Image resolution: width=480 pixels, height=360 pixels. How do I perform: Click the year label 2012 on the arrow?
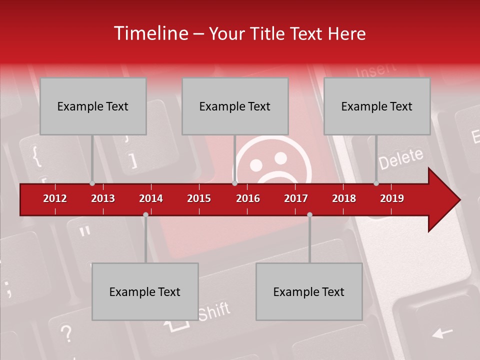[x=55, y=198]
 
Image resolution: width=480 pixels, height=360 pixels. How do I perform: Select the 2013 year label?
[x=103, y=198]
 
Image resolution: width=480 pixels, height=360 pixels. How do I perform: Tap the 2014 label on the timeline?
[x=151, y=198]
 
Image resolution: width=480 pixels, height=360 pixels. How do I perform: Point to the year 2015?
[x=199, y=198]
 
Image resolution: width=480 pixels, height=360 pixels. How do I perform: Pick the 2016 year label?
[x=248, y=198]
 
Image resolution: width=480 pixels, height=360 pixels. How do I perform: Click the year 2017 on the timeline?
[x=296, y=198]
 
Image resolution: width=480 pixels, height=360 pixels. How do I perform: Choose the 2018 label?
[x=344, y=198]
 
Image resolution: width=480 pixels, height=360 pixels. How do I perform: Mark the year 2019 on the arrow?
[x=392, y=198]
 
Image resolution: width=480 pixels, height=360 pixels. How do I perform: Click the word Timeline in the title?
[x=149, y=33]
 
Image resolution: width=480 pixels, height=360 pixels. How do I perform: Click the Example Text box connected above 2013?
[x=93, y=106]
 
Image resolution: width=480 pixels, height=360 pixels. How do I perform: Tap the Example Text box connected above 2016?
[x=235, y=106]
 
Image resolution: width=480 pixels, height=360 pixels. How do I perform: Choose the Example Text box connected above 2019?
[x=377, y=106]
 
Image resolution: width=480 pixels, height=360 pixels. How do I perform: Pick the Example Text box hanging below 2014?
[x=145, y=291]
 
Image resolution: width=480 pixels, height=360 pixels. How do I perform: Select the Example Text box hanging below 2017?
[x=309, y=291]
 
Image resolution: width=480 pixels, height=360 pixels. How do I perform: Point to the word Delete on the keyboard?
[x=400, y=158]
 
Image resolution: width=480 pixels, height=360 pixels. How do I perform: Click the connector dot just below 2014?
[x=145, y=214]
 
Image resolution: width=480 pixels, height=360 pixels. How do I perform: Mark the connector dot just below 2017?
[x=309, y=214]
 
